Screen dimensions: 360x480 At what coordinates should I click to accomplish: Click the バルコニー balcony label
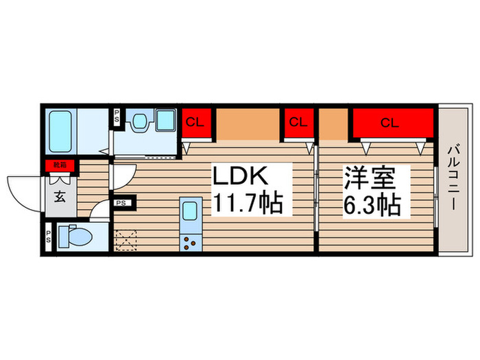455,179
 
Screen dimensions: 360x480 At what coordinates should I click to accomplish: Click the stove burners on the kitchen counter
189,241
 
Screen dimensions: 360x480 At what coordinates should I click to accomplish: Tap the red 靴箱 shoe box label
60,165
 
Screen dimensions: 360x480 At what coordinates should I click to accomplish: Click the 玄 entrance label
60,197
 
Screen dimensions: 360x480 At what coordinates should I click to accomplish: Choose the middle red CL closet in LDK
297,123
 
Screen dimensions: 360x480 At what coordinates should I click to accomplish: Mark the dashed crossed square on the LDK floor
125,241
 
